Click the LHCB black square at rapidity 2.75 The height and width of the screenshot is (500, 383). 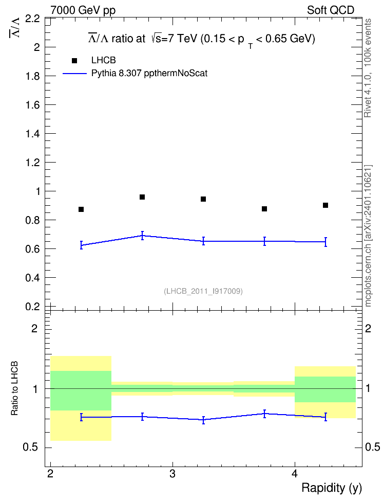pos(142,197)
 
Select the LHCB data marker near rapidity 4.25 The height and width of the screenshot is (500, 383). pos(325,205)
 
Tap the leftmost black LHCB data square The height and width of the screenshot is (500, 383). pos(81,209)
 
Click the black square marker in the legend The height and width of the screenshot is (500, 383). pos(74,61)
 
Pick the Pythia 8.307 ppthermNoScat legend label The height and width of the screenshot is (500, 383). pos(149,74)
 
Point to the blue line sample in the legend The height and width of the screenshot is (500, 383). pos(75,74)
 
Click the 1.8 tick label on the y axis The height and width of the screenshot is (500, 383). pos(33,76)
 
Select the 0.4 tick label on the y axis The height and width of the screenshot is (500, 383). pos(33,278)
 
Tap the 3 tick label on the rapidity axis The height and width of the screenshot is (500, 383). pos(173,474)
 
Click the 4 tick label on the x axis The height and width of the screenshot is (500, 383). pos(295,474)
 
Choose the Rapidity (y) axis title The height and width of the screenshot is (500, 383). pos(332,488)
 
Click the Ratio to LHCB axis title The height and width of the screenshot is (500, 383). pos(14,388)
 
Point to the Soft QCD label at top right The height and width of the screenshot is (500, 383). pos(331,10)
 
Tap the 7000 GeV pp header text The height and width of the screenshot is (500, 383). pos(83,10)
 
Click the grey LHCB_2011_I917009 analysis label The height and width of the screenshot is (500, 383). pos(203,291)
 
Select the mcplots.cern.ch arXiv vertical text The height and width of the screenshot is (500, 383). pos(368,236)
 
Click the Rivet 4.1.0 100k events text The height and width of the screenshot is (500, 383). pos(368,68)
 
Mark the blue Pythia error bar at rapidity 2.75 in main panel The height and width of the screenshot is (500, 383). pos(142,236)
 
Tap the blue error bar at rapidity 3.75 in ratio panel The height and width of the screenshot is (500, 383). pos(264,414)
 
